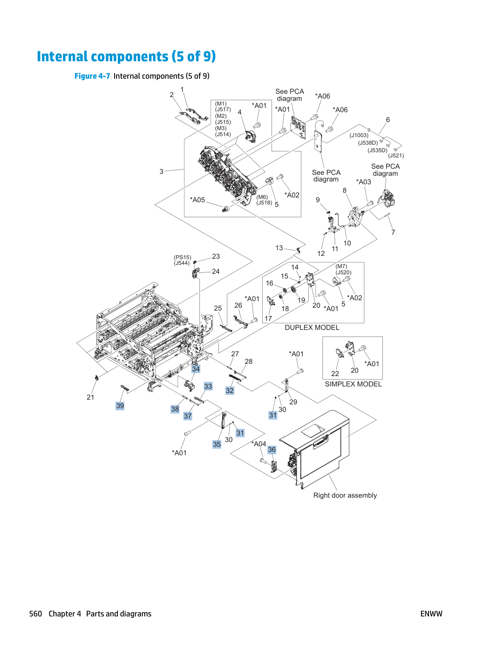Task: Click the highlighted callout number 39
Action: [120, 406]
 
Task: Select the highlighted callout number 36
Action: [272, 450]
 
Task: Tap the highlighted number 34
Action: [196, 369]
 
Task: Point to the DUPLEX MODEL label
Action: [312, 328]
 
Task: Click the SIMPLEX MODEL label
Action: [353, 384]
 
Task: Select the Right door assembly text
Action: [345, 495]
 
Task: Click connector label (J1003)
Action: [359, 135]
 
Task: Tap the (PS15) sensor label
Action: [182, 257]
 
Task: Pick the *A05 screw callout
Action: [197, 200]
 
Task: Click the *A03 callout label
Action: [363, 182]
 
